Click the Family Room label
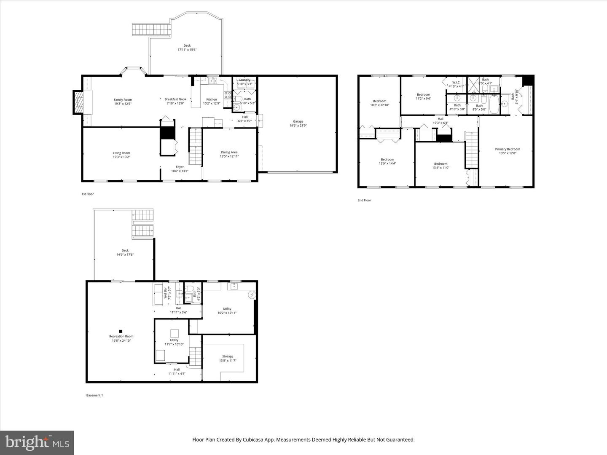click(x=123, y=100)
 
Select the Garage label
click(x=298, y=121)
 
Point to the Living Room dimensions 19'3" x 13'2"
click(x=121, y=157)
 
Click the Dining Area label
click(x=229, y=152)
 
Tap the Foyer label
click(x=180, y=167)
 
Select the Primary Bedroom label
click(x=508, y=149)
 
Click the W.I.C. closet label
click(x=456, y=83)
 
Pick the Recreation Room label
click(x=121, y=336)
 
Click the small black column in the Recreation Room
click(x=121, y=331)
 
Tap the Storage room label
click(x=228, y=356)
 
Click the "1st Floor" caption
click(x=88, y=194)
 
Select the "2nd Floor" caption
click(x=364, y=201)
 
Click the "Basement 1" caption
click(x=94, y=396)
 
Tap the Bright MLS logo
click(x=37, y=442)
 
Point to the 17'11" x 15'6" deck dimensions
click(x=187, y=50)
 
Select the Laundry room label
click(x=244, y=80)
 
